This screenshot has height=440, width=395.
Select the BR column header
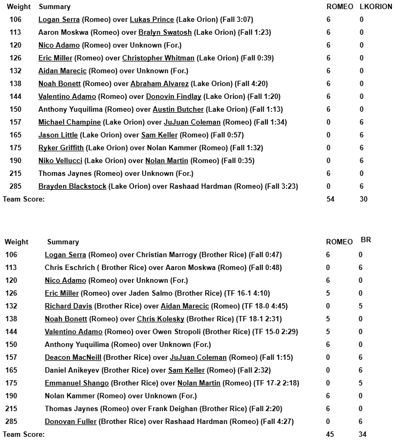pos(366,240)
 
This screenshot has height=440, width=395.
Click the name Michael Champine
pos(61,122)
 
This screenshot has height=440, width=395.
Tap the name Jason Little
pos(58,135)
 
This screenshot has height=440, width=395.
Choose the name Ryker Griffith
pos(61,148)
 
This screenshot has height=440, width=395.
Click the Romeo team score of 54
pos(331,199)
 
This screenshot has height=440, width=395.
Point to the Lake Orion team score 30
pos(363,199)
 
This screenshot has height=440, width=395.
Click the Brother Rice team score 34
pos(363,435)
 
